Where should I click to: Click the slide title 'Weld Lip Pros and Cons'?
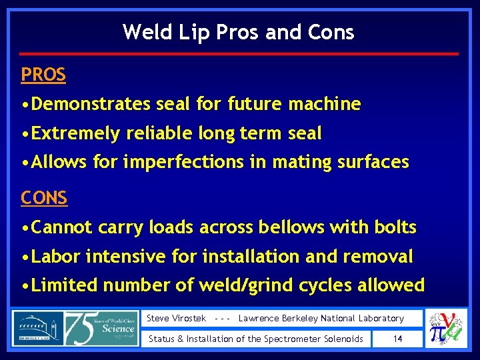(239, 32)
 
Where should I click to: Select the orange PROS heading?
(43, 75)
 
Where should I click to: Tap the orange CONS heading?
(44, 197)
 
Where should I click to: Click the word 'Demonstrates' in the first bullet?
(91, 104)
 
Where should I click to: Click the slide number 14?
(397, 339)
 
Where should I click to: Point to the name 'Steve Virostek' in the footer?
(176, 319)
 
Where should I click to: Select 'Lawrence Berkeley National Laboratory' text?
(321, 319)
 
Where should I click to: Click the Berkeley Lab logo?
(37, 328)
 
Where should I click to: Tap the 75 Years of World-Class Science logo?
(102, 328)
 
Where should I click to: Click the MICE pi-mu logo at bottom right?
(447, 329)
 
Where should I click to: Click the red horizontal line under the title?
(239, 53)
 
